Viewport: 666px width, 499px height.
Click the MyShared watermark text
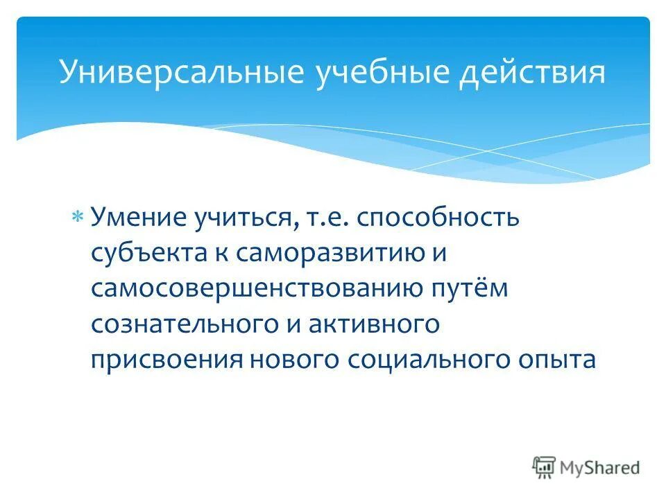[x=601, y=469]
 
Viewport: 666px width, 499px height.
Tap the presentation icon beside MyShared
[x=544, y=468]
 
